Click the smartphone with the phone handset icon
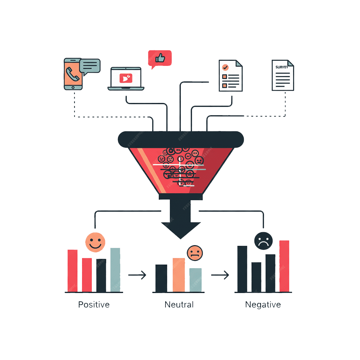point(73,74)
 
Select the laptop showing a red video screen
point(126,78)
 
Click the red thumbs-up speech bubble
point(160,58)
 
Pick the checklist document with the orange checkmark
point(230,76)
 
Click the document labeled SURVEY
point(283,75)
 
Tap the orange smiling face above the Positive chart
point(95,242)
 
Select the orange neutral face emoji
point(195,253)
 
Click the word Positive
point(94,305)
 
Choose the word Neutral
point(179,305)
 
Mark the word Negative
point(263,305)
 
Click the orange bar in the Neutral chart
point(179,275)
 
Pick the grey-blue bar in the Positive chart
point(115,270)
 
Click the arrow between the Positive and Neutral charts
point(137,275)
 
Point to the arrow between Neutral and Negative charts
point(220,275)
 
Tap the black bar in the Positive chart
point(101,275)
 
